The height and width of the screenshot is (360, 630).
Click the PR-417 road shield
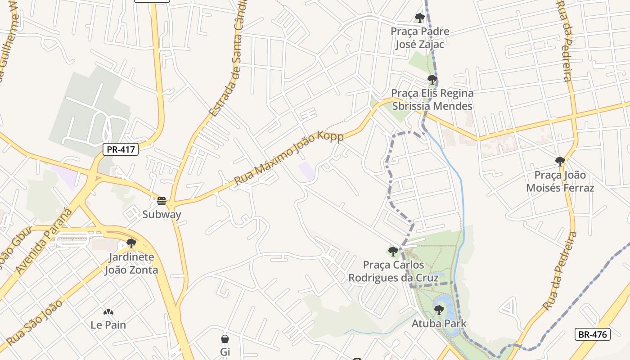(x=121, y=149)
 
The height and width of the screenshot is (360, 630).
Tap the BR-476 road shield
(x=592, y=334)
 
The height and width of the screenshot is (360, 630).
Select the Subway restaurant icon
(x=162, y=201)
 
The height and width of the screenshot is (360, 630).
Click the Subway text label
(x=162, y=214)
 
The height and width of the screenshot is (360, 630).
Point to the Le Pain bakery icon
(x=108, y=312)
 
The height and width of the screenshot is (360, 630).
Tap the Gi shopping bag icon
(x=225, y=339)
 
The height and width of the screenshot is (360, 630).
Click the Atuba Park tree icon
(x=439, y=310)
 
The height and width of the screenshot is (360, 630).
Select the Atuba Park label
(x=439, y=324)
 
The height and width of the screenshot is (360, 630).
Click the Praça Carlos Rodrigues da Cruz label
(x=393, y=271)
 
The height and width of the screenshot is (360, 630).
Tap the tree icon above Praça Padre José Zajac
(x=419, y=18)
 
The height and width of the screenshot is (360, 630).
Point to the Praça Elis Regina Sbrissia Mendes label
(x=432, y=99)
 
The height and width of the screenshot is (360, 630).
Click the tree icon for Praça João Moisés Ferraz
(x=560, y=161)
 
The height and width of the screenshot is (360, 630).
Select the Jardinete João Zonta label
(x=131, y=264)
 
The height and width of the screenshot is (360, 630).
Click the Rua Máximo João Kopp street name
(x=288, y=158)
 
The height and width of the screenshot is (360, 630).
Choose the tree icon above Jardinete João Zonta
(x=131, y=243)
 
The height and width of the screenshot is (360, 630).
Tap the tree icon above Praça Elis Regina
(x=432, y=80)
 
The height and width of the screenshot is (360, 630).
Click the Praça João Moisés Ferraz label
(x=560, y=181)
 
